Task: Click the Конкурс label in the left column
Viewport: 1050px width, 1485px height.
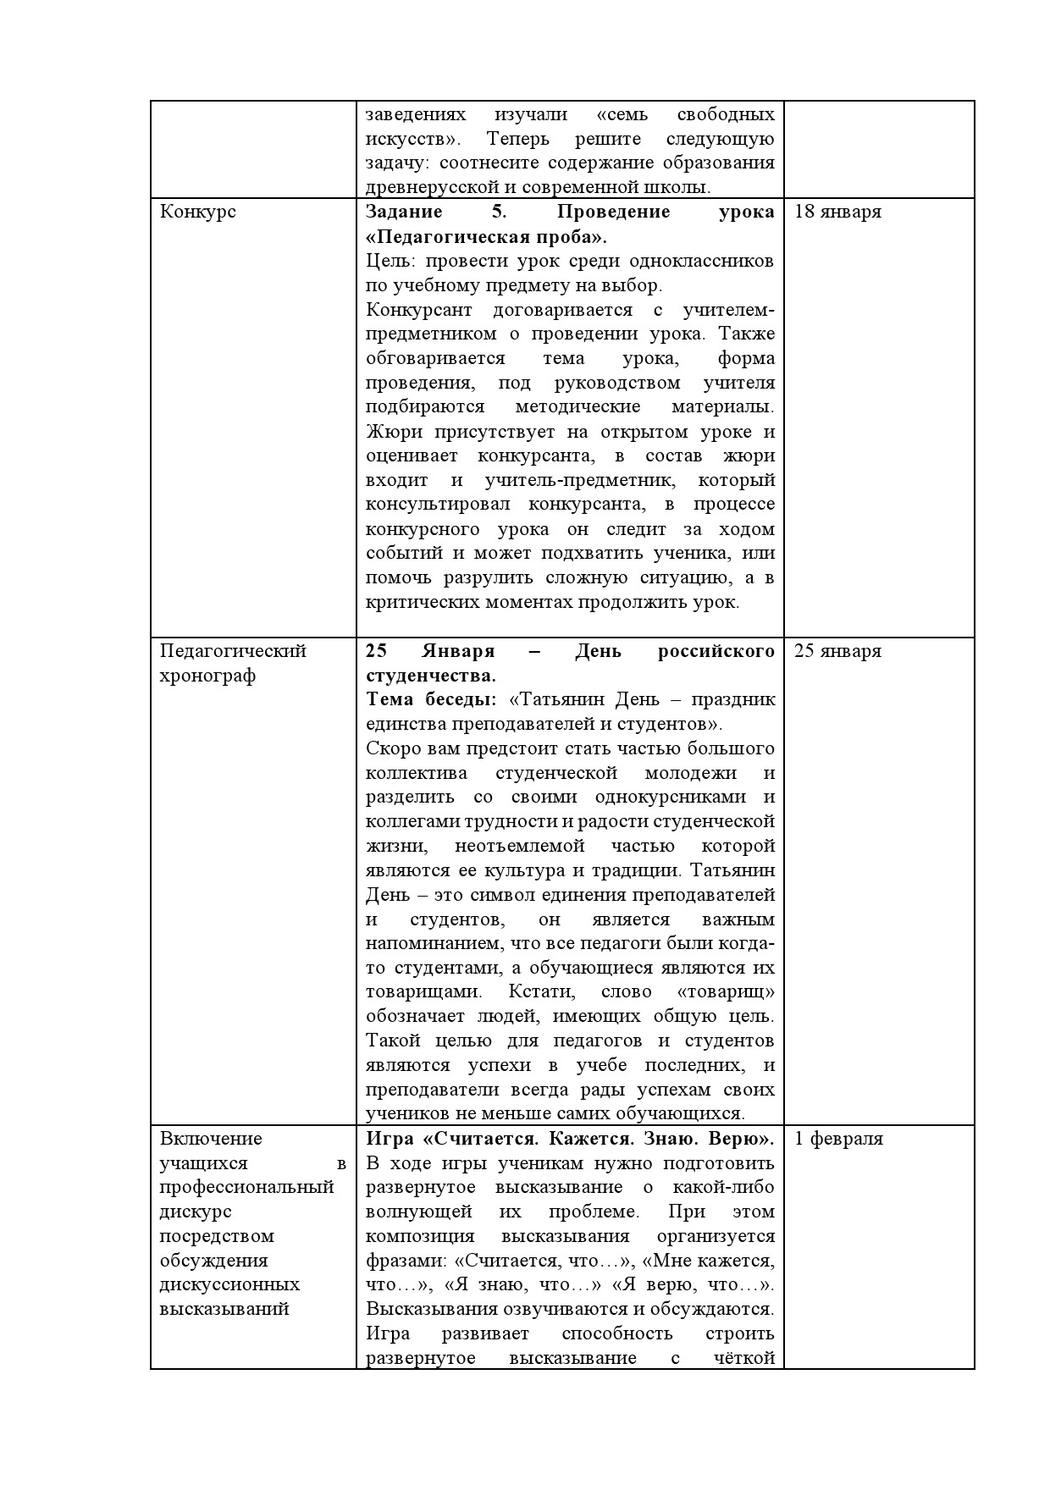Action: (198, 212)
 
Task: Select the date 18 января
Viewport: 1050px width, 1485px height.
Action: (837, 212)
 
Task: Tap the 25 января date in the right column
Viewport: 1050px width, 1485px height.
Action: (837, 651)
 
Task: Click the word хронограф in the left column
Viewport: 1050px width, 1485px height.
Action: (207, 676)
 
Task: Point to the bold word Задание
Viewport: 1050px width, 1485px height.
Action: (404, 212)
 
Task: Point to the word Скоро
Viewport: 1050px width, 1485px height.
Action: (392, 749)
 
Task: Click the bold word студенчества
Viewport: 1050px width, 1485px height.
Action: (430, 676)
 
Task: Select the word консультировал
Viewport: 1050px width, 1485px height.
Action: (439, 505)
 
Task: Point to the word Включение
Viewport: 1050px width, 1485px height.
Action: (211, 1139)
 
